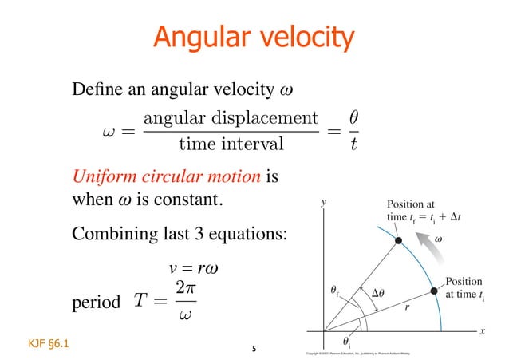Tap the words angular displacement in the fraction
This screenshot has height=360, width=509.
tap(231, 117)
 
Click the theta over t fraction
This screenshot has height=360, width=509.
tap(353, 131)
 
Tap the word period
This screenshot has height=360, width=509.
tap(96, 303)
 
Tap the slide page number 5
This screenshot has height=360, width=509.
tap(254, 348)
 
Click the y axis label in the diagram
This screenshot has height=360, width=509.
tap(322, 203)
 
